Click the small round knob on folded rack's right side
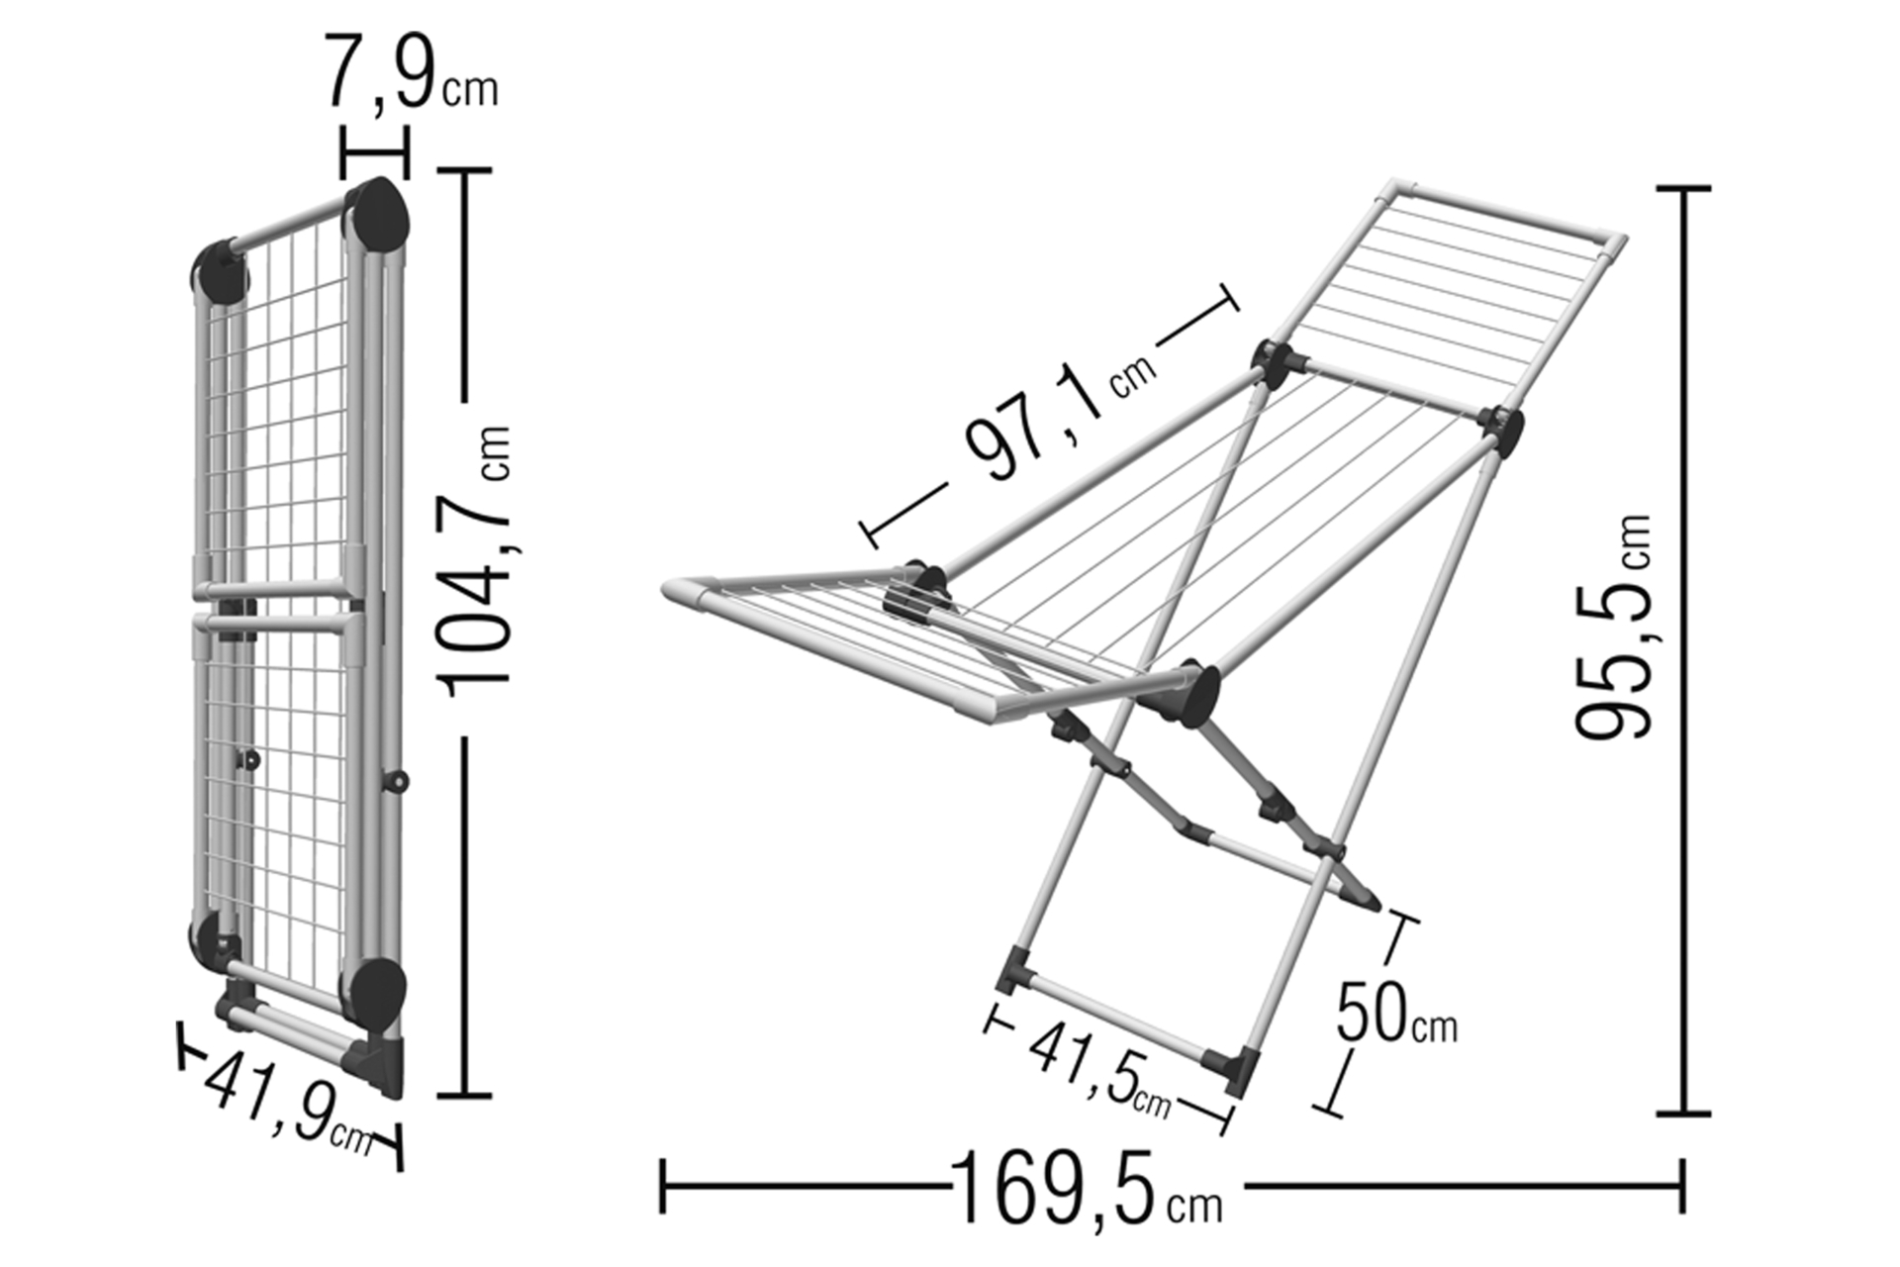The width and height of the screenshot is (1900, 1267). (x=398, y=782)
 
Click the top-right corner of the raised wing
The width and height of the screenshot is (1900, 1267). (x=1624, y=238)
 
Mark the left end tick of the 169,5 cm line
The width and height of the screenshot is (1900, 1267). (x=663, y=1186)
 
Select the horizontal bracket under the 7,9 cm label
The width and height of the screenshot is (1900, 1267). (x=373, y=151)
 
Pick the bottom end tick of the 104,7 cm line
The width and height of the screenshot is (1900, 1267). (x=464, y=1095)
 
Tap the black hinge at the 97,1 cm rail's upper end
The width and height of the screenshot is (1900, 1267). (x=1278, y=364)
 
